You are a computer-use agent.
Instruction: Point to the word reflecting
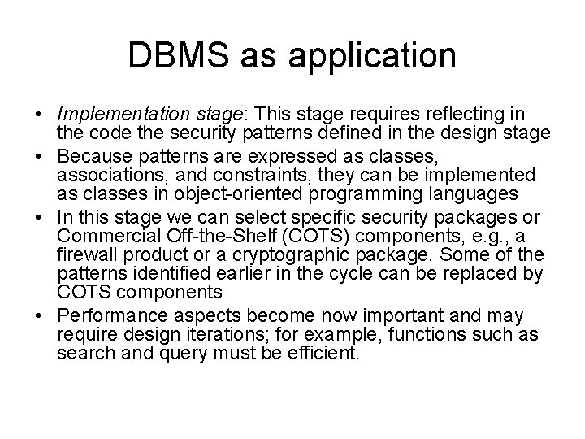(x=459, y=114)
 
